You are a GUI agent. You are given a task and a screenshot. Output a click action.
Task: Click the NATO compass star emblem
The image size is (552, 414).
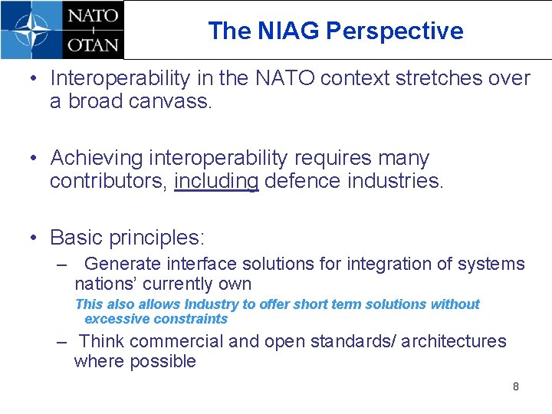pos(31,29)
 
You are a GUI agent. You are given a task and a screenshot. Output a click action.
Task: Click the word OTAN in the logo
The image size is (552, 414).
pos(93,44)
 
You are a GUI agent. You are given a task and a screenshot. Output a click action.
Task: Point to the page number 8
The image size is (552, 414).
pos(515,386)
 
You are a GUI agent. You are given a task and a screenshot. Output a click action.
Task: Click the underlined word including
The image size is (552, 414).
pos(216,182)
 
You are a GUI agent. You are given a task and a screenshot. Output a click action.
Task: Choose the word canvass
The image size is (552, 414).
pos(175,102)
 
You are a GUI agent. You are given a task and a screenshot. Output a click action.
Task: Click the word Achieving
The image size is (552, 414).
pos(97,158)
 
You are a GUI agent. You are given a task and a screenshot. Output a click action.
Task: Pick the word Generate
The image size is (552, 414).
pos(123,264)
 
